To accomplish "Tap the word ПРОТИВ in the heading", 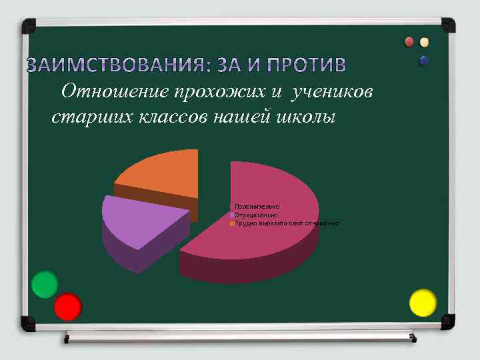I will [306, 65].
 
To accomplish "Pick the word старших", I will [83, 117].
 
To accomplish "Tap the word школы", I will [304, 117].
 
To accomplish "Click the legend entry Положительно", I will [257, 207].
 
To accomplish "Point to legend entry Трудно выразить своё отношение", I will [286, 223].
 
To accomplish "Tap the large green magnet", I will [45, 285].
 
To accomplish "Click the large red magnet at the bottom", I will [67, 307].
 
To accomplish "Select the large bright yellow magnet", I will [422, 303].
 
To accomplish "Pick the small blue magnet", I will [424, 61].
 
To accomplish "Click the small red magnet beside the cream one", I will [410, 43].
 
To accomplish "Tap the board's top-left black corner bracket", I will [29, 27].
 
